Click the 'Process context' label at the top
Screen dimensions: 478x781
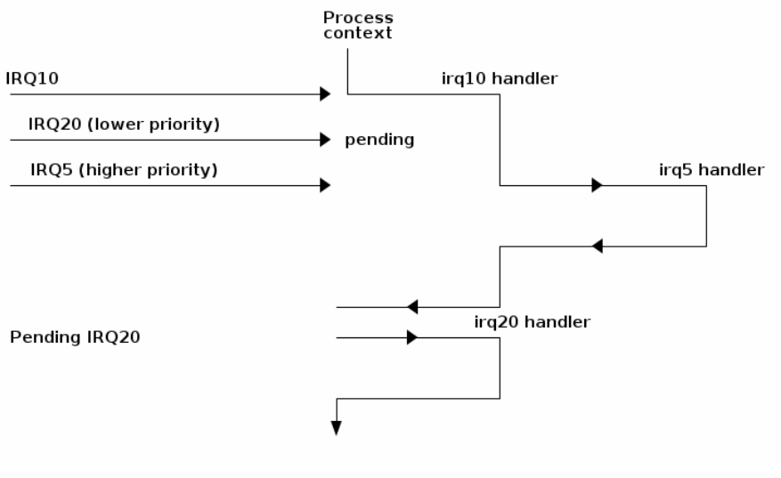click(x=357, y=25)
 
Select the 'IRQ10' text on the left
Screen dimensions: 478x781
click(x=32, y=78)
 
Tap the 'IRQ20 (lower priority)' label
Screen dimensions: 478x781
click(x=123, y=125)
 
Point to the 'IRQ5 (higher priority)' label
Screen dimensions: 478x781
click(x=123, y=170)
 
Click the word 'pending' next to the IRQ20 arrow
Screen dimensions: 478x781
click(x=379, y=140)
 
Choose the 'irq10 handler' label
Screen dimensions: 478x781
click(x=500, y=78)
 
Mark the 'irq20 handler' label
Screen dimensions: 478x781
click(x=532, y=322)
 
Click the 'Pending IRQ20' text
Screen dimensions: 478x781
click(x=75, y=338)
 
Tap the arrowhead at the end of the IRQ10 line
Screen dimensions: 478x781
click(x=325, y=93)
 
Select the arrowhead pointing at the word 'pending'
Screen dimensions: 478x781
click(x=325, y=140)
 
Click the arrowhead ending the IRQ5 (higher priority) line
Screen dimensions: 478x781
click(x=325, y=185)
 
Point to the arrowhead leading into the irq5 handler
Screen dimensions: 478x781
click(x=597, y=185)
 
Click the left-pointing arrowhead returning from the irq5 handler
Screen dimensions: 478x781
click(x=598, y=246)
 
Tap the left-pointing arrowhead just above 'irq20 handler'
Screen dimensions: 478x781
click(x=412, y=307)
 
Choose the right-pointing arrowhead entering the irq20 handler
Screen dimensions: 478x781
click(x=411, y=337)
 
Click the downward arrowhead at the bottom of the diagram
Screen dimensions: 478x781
click(x=337, y=428)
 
